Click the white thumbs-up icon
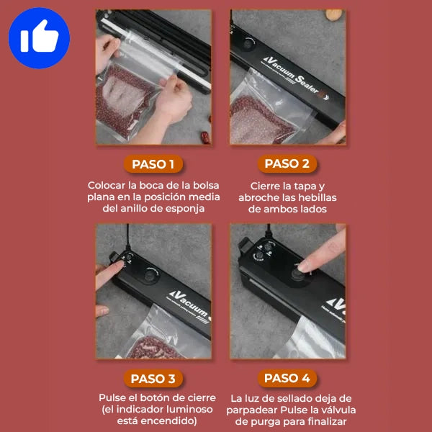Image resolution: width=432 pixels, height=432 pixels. (x=40, y=37)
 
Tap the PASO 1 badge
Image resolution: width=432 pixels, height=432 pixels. (x=153, y=164)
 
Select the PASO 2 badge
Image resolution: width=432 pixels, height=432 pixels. (x=287, y=163)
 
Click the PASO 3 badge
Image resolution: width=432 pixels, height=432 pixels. (x=153, y=379)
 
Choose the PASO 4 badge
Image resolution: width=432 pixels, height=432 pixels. (x=287, y=378)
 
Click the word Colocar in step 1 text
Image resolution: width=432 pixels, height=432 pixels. (x=107, y=185)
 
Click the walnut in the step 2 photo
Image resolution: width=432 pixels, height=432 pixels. (x=334, y=14)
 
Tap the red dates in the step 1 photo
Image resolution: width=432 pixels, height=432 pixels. (x=206, y=137)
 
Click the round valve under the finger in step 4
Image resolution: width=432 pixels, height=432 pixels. (x=298, y=274)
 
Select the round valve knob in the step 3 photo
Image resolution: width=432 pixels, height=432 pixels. (x=150, y=275)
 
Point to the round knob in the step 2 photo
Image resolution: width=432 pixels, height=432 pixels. (x=248, y=43)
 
